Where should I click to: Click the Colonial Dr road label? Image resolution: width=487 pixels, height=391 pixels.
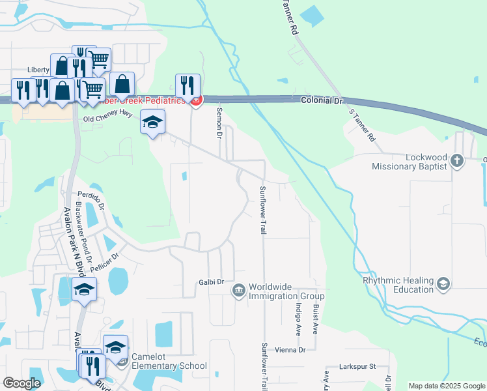[x=321, y=101]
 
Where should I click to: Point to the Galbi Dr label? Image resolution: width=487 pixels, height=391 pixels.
[x=212, y=282]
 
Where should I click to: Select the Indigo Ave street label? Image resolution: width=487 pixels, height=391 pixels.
[x=298, y=317]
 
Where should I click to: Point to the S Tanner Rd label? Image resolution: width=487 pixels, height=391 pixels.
[x=363, y=126]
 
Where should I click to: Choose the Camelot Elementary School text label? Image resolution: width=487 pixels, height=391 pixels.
[x=169, y=361]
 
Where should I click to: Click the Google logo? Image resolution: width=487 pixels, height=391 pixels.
[x=21, y=383]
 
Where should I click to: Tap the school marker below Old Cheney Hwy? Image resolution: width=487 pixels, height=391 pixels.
[x=153, y=122]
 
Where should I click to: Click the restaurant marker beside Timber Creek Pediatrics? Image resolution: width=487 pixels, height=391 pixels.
[x=188, y=85]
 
